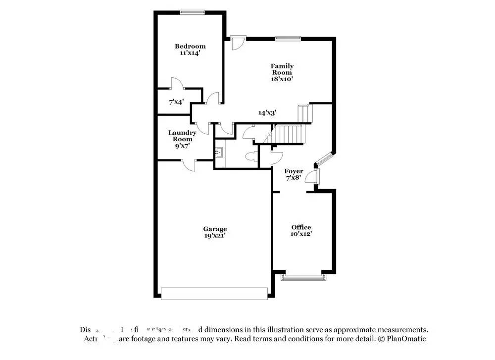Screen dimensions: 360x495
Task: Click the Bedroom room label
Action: pyautogui.click(x=190, y=47)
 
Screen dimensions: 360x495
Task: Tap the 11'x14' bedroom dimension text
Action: pyautogui.click(x=190, y=53)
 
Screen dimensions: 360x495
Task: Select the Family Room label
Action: pyautogui.click(x=282, y=69)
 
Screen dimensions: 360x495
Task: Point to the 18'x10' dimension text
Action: pyautogui.click(x=282, y=79)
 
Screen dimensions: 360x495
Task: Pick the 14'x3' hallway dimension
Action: pyautogui.click(x=267, y=112)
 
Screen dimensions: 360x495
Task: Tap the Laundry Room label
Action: pyautogui.click(x=182, y=136)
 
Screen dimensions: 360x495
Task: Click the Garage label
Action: pyautogui.click(x=215, y=229)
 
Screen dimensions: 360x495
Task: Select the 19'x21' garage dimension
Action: pyautogui.click(x=215, y=236)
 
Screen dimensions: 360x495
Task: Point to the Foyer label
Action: pyautogui.click(x=294, y=171)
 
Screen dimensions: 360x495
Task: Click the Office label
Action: pyautogui.click(x=301, y=227)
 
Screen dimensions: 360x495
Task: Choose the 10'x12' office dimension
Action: pyautogui.click(x=301, y=234)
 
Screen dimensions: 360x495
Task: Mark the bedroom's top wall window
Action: pyautogui.click(x=193, y=12)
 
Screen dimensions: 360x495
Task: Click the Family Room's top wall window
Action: pyautogui.click(x=288, y=38)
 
